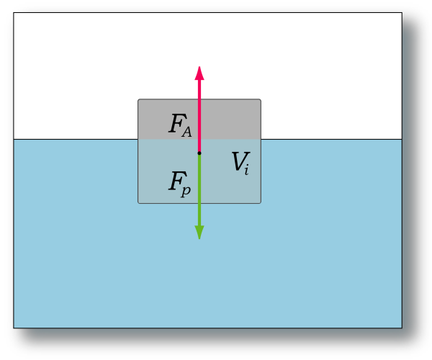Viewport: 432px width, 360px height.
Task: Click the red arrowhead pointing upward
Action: [x=199, y=73]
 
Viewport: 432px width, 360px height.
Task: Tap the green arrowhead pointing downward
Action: [x=199, y=232]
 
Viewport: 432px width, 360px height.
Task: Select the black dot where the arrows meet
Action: [x=199, y=153]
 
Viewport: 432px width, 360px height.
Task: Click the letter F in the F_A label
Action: [x=176, y=123]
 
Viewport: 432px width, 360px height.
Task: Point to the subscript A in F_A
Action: [x=186, y=132]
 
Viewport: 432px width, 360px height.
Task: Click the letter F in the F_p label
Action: [x=176, y=181]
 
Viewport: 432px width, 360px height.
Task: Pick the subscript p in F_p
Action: [x=186, y=191]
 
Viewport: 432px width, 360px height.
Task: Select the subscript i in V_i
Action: [x=246, y=169]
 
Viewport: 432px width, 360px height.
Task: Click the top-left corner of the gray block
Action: [x=138, y=99]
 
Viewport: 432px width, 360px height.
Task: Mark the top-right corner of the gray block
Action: [x=261, y=99]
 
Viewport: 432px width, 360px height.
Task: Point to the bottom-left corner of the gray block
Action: [x=138, y=204]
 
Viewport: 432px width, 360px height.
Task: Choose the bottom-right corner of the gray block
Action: [x=261, y=204]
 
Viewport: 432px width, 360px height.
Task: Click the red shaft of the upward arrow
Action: [x=199, y=116]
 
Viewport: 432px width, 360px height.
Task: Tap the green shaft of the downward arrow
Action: [x=199, y=189]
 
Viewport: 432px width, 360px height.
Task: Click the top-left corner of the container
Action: [x=14, y=12]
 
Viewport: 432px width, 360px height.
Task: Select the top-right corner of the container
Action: [x=402, y=12]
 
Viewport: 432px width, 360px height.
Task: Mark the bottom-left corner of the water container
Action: [x=14, y=328]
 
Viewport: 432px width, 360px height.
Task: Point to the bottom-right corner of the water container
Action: [x=402, y=328]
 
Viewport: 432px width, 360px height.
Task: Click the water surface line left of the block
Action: [x=76, y=140]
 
